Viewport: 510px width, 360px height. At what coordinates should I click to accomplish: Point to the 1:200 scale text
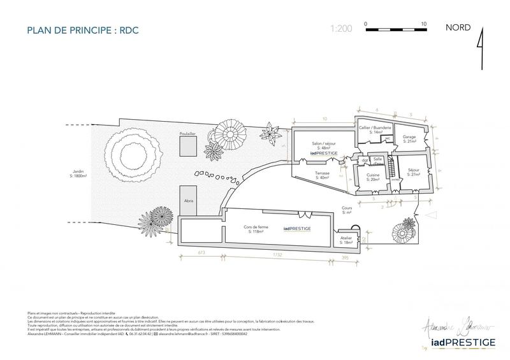click(x=341, y=29)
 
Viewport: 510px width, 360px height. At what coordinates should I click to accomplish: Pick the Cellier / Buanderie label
click(x=374, y=129)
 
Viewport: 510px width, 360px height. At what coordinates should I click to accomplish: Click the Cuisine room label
click(x=374, y=176)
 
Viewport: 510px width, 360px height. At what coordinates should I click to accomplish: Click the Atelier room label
click(x=346, y=240)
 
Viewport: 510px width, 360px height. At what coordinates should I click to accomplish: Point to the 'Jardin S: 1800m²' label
click(x=80, y=174)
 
